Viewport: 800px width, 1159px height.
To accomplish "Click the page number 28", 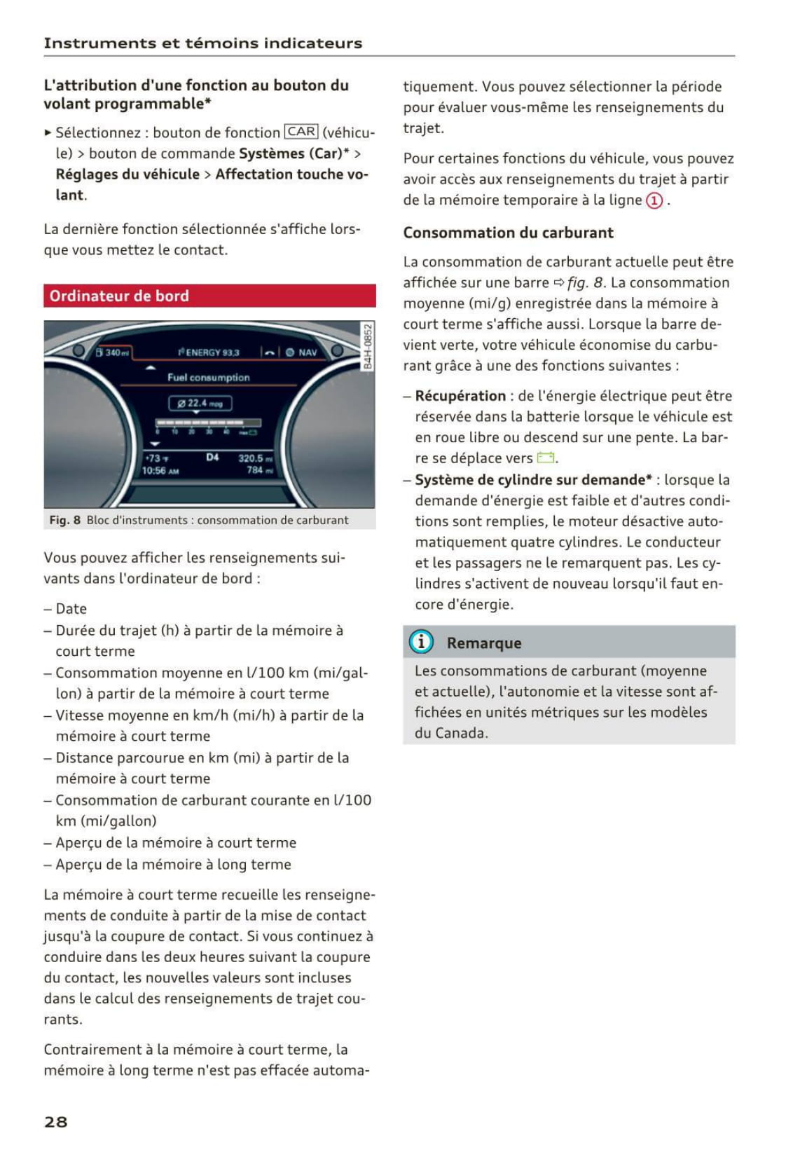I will click(x=56, y=1121).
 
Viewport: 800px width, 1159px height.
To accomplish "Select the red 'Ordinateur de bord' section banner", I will click(x=209, y=296).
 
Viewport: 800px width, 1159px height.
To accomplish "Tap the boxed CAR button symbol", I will click(x=301, y=132).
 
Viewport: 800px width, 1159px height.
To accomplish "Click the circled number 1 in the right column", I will click(x=654, y=200).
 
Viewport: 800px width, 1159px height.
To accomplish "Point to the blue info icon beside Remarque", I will click(x=421, y=642).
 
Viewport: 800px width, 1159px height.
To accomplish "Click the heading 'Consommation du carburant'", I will click(x=508, y=233).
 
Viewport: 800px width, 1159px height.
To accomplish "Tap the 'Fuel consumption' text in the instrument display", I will click(x=208, y=377).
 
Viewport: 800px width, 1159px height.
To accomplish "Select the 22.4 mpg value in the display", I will click(x=200, y=403).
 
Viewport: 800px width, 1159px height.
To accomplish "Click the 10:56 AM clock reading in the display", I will click(x=160, y=471).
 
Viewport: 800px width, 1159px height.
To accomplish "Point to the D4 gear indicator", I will click(x=212, y=458).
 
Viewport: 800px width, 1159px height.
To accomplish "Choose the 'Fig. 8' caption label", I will click(x=64, y=520).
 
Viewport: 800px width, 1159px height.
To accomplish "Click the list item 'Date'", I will click(x=71, y=608).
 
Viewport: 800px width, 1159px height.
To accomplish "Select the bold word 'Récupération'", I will click(x=460, y=396).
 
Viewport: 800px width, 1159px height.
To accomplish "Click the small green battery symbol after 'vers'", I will click(x=546, y=458).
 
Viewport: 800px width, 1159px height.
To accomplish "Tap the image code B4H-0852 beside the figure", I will click(x=368, y=346).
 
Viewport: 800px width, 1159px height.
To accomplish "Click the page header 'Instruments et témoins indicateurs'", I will click(x=203, y=43).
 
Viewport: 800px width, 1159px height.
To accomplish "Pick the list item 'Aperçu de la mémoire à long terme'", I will click(x=173, y=864).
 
